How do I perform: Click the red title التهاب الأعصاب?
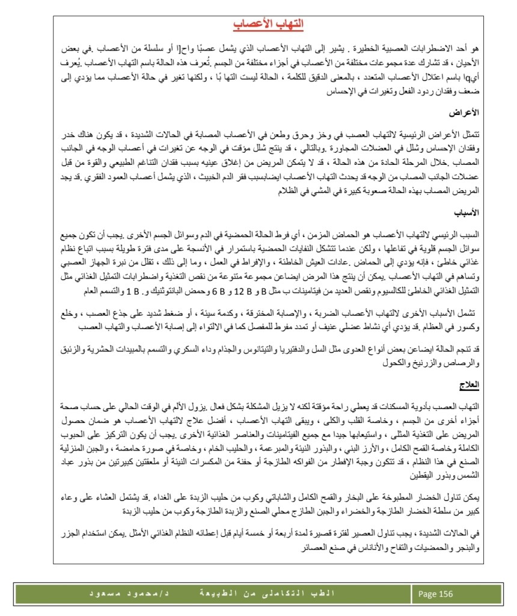268,24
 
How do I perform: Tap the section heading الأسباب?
467,212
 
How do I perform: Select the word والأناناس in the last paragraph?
355,547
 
